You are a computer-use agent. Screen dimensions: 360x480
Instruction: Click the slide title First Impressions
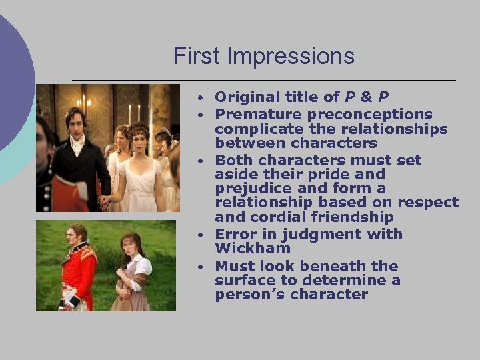pos(264,56)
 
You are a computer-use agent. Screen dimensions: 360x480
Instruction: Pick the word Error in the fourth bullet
pos(235,234)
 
